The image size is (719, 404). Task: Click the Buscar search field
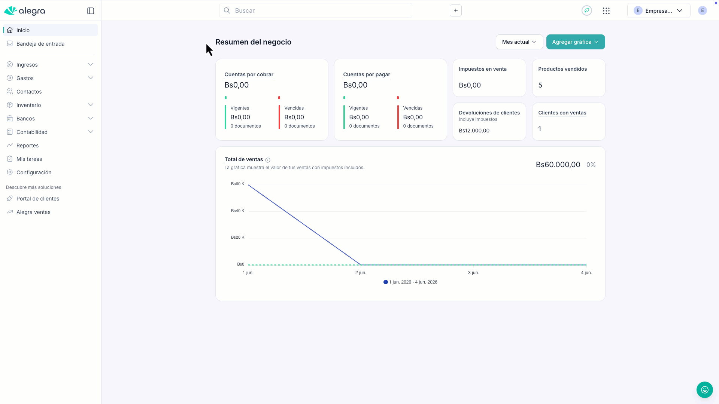tap(315, 10)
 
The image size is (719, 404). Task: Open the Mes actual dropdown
tap(519, 42)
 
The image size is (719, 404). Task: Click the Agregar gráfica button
tap(575, 42)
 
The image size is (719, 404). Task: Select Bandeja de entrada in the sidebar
tap(40, 44)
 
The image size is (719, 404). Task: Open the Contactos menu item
tap(29, 92)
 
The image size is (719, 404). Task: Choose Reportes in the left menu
tap(27, 146)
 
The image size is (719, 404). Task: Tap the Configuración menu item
tap(34, 172)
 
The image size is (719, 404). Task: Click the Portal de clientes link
tap(38, 199)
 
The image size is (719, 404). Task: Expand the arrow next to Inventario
tap(91, 105)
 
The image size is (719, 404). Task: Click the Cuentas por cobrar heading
tap(249, 74)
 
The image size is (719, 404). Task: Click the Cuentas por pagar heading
tap(367, 74)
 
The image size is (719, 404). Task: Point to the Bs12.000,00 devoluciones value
tap(474, 131)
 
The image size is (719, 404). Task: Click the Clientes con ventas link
tap(562, 113)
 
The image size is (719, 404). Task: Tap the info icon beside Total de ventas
tap(268, 160)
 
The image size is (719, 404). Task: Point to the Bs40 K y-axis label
tap(237, 211)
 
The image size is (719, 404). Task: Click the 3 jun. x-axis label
tap(473, 273)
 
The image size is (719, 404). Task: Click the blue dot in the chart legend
tap(386, 282)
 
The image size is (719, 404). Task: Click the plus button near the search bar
tap(456, 10)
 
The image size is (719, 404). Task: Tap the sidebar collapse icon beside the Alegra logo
tap(91, 11)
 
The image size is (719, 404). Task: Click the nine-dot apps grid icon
tap(606, 11)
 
